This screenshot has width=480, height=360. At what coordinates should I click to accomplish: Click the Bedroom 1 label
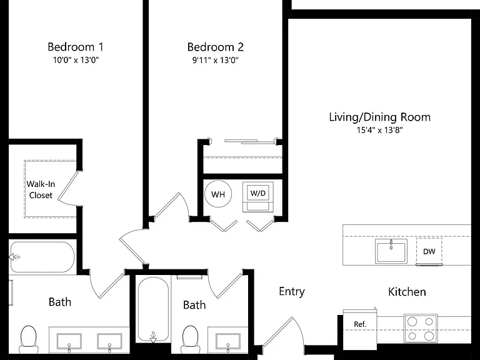pyautogui.click(x=76, y=47)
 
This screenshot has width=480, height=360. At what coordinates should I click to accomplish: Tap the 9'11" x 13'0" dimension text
pyautogui.click(x=215, y=60)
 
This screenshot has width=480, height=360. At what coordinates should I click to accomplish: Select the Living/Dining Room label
pyautogui.click(x=379, y=117)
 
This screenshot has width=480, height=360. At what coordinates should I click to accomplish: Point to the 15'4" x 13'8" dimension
pyautogui.click(x=379, y=130)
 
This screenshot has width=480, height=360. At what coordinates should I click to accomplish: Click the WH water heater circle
pyautogui.click(x=218, y=194)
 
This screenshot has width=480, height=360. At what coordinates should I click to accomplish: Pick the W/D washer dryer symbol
pyautogui.click(x=258, y=197)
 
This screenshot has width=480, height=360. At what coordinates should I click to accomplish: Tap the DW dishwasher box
pyautogui.click(x=429, y=251)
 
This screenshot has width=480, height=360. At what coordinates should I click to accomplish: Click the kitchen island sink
pyautogui.click(x=391, y=251)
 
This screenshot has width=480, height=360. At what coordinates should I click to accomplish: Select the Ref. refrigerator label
pyautogui.click(x=360, y=324)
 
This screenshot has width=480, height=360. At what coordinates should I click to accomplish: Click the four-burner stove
pyautogui.click(x=421, y=329)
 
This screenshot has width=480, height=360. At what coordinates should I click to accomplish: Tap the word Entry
pyautogui.click(x=292, y=291)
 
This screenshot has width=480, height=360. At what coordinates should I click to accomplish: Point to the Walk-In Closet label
pyautogui.click(x=41, y=189)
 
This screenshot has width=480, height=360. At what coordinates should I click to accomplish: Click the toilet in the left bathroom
pyautogui.click(x=29, y=339)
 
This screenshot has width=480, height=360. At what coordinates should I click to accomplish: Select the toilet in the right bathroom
pyautogui.click(x=190, y=339)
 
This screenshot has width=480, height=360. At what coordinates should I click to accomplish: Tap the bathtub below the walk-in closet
pyautogui.click(x=42, y=257)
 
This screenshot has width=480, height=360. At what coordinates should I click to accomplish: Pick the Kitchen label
pyautogui.click(x=407, y=292)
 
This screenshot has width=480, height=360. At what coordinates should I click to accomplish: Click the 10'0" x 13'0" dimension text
pyautogui.click(x=76, y=60)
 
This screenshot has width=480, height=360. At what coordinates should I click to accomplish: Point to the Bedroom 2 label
pyautogui.click(x=216, y=47)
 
